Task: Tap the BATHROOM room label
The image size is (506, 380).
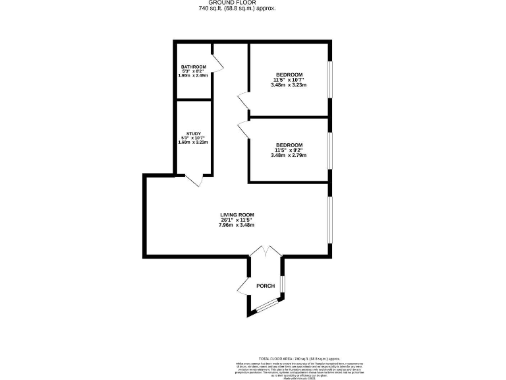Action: click(x=194, y=67)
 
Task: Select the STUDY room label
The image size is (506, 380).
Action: click(x=194, y=133)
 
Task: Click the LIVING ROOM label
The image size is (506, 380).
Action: click(x=237, y=215)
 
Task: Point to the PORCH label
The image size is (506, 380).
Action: click(x=265, y=286)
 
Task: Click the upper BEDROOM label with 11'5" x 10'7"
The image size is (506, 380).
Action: click(x=289, y=75)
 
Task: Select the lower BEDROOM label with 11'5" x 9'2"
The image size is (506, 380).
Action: click(x=289, y=145)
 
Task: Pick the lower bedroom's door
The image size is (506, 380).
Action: click(x=242, y=129)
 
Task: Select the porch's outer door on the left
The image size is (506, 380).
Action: click(x=242, y=286)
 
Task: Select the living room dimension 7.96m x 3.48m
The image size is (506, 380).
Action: click(x=237, y=226)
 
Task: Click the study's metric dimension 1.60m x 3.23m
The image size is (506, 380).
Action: click(x=194, y=142)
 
